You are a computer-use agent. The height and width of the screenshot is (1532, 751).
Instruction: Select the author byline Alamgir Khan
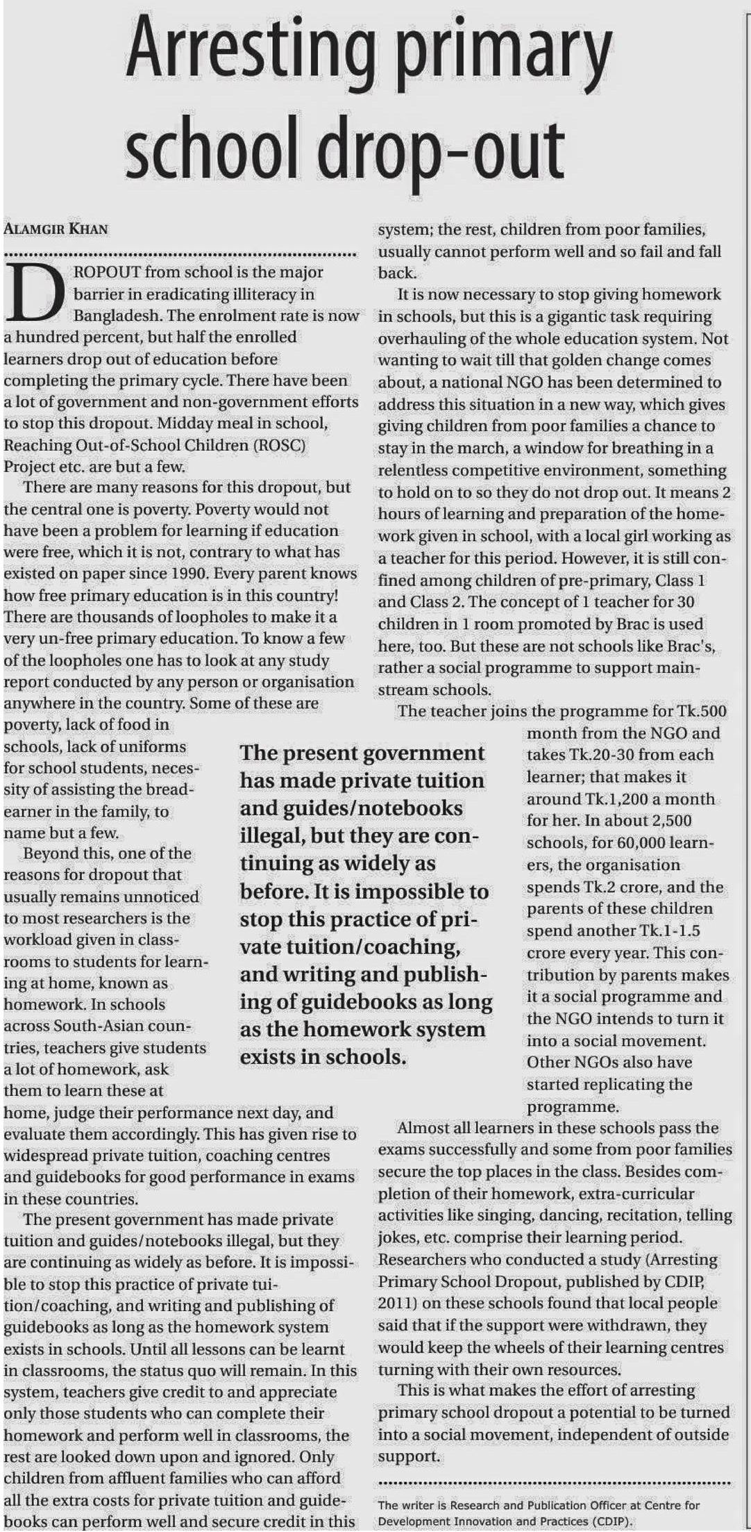click(x=56, y=229)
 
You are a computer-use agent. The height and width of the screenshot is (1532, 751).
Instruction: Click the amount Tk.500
click(x=700, y=711)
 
